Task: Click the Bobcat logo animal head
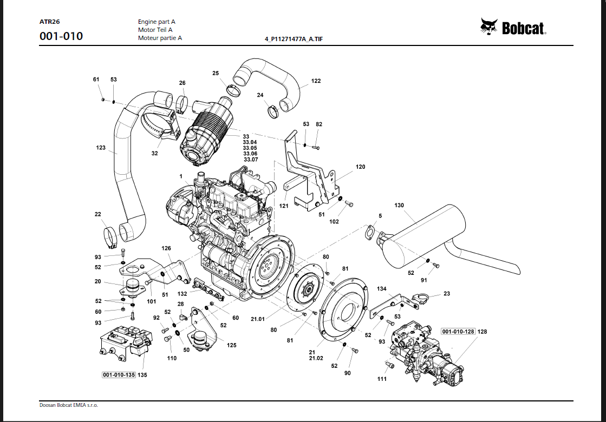pyautogui.click(x=489, y=27)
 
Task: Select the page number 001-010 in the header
pyautogui.click(x=61, y=37)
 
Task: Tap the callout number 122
pyautogui.click(x=316, y=81)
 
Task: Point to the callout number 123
pyautogui.click(x=101, y=147)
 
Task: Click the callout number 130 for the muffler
pyautogui.click(x=399, y=206)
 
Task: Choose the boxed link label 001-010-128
pyautogui.click(x=458, y=331)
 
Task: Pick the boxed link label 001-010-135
pyautogui.click(x=119, y=374)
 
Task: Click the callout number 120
pyautogui.click(x=360, y=167)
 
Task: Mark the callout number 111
pyautogui.click(x=382, y=379)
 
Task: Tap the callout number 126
pyautogui.click(x=166, y=248)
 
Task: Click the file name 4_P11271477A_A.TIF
pyautogui.click(x=294, y=39)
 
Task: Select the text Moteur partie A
pyautogui.click(x=160, y=38)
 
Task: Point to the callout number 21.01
pyautogui.click(x=257, y=319)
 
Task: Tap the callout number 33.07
pyautogui.click(x=251, y=160)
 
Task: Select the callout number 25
pyautogui.click(x=216, y=73)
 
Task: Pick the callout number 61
pyautogui.click(x=96, y=80)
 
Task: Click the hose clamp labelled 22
pyautogui.click(x=110, y=234)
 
